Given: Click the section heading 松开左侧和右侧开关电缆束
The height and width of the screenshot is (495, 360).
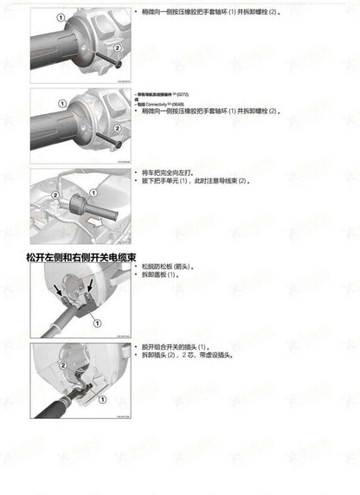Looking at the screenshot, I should [82, 257].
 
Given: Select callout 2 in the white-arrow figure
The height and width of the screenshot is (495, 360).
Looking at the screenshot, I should [55, 196].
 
